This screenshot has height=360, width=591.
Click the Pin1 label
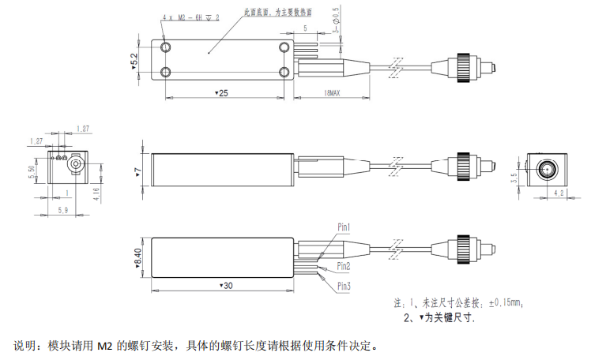coord(344,227)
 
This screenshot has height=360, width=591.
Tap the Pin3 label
coord(344,285)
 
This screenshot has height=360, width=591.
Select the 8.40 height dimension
coord(138,257)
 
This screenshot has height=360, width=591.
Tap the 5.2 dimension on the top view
coord(135,60)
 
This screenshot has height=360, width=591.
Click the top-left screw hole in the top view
coord(166,47)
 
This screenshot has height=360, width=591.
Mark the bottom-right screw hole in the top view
coord(284,73)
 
